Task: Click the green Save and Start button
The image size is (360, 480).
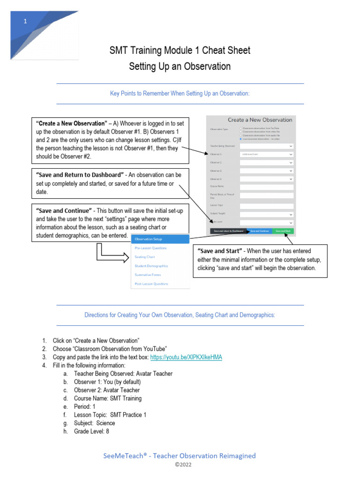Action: (282, 231)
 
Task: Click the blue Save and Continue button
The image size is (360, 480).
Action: (259, 231)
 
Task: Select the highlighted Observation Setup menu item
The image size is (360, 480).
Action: (160, 239)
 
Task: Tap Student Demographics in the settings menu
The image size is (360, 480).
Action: (151, 266)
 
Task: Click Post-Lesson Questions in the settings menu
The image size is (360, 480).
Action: (151, 284)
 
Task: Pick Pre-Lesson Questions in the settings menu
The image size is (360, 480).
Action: (150, 248)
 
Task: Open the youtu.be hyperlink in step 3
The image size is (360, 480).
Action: (186, 357)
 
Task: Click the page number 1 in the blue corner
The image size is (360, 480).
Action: (26, 22)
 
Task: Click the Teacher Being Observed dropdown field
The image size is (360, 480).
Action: (266, 146)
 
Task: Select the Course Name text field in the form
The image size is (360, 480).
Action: (266, 187)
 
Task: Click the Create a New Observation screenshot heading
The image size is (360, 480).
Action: (260, 120)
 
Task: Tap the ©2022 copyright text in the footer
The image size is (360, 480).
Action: (180, 465)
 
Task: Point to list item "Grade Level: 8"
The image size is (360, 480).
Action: (91, 431)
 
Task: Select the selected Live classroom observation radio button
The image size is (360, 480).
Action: (241, 139)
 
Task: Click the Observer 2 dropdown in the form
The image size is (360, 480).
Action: (266, 162)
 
